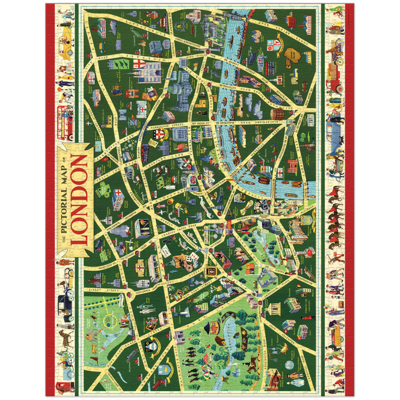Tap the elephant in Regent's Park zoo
[x=91, y=337]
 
